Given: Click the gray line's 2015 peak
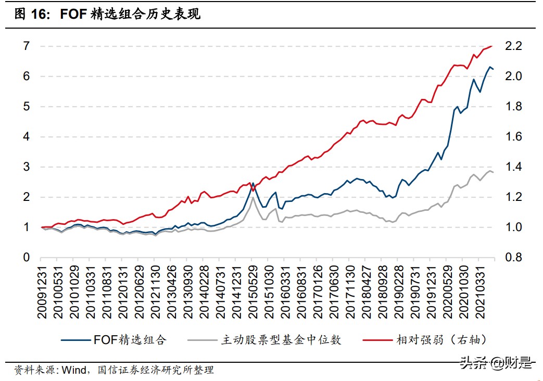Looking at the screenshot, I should pos(253,197).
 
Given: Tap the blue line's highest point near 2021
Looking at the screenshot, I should pos(489,67).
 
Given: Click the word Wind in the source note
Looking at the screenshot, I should pos(73,370).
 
